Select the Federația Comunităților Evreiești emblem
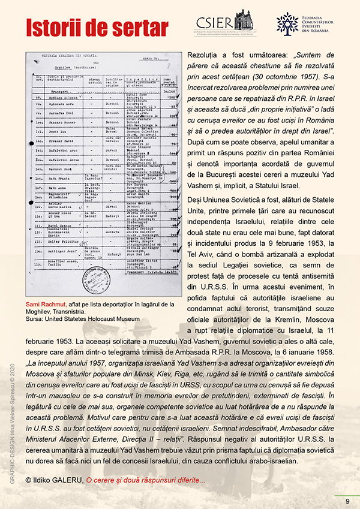tap(287, 23)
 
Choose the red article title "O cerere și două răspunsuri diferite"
tap(145, 481)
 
